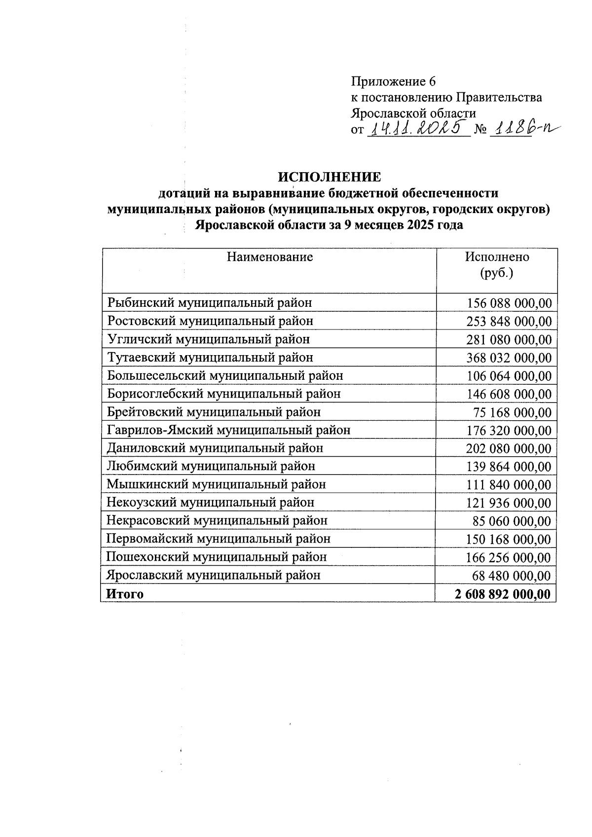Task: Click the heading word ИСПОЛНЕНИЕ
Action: [x=330, y=177]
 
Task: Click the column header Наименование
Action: [x=269, y=257]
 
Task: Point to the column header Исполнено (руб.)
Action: [x=497, y=265]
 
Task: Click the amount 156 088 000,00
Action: [x=509, y=303]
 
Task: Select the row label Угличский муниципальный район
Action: [x=209, y=339]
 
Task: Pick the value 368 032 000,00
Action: [x=509, y=358]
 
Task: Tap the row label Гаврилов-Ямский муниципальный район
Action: [x=228, y=430]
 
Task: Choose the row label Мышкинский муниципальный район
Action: [x=216, y=484]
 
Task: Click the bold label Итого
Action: [x=125, y=594]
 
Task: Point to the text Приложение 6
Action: [x=393, y=81]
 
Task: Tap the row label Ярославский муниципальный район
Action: [x=214, y=575]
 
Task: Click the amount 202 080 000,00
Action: [x=509, y=448]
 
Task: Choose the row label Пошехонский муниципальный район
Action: [x=217, y=557]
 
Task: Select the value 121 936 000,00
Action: [x=509, y=503]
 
